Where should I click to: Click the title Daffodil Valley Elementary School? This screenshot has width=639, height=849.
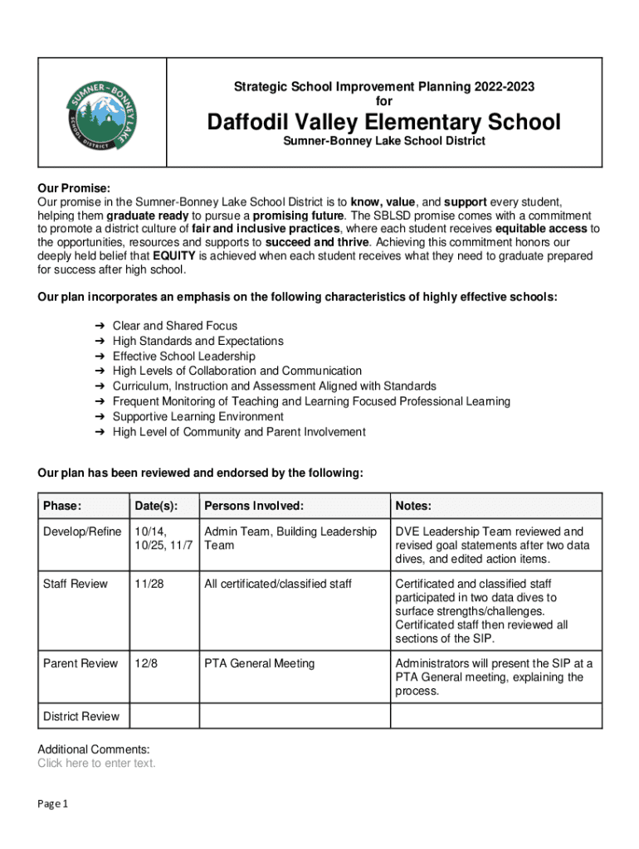click(383, 123)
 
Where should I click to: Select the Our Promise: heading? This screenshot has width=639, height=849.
click(74, 188)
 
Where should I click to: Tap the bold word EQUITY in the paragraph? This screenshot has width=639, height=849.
click(173, 255)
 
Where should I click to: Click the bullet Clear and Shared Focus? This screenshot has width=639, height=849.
click(175, 326)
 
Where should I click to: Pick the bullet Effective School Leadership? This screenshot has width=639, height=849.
click(184, 356)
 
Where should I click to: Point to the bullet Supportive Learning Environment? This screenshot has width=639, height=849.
click(198, 416)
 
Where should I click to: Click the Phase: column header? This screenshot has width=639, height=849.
click(62, 506)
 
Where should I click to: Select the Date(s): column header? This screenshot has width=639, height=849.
click(155, 506)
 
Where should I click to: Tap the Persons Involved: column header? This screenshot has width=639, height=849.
click(254, 506)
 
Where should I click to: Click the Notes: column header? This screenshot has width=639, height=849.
click(413, 506)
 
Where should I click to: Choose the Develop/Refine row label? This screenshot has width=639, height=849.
click(82, 531)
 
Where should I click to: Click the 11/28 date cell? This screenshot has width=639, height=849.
click(149, 584)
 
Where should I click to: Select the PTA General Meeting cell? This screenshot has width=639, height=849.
click(260, 663)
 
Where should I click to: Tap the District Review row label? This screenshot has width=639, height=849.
click(81, 716)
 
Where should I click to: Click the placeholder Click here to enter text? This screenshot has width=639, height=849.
click(96, 764)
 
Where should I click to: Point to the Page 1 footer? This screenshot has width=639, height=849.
click(52, 804)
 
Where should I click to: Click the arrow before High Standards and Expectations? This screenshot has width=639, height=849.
click(99, 341)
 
